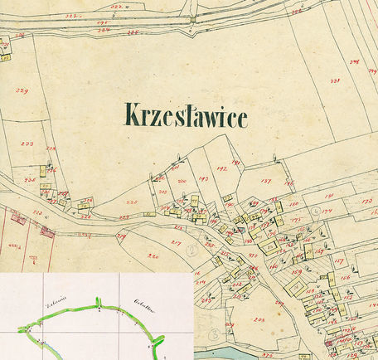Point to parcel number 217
pos(176,241)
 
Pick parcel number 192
pos(221,168)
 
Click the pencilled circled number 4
pos(317,212)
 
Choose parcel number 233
pos(27,144)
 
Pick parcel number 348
pos(353,61)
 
